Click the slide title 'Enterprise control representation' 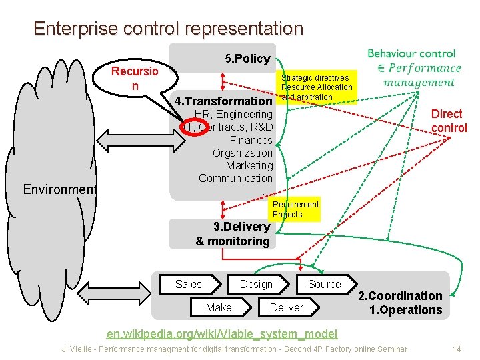click(168, 29)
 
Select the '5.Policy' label click(247, 59)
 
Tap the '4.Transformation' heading click(223, 101)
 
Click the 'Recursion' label click(135, 79)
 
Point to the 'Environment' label click(60, 189)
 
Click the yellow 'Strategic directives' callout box click(317, 87)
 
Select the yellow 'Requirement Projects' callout click(295, 209)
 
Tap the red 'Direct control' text click(449, 121)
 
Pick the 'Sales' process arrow click(189, 284)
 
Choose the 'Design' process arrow click(257, 284)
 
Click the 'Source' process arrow click(325, 284)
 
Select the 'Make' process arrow click(219, 307)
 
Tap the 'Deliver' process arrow click(286, 307)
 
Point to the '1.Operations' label click(405, 310)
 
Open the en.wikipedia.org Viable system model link click(223, 333)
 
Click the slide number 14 click(457, 349)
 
